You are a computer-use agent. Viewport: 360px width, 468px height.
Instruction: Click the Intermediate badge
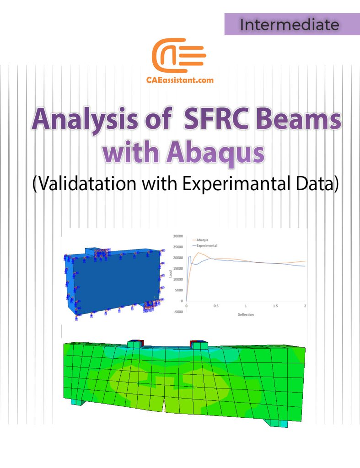pos(289,24)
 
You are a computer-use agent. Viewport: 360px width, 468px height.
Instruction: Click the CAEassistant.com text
pos(179,80)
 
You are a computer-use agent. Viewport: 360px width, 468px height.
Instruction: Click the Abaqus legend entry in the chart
pos(203,239)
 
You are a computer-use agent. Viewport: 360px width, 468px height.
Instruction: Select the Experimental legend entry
pos(206,245)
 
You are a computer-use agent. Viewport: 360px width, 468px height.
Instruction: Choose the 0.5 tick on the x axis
pos(216,306)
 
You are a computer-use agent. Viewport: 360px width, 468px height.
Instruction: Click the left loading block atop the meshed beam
pos(134,344)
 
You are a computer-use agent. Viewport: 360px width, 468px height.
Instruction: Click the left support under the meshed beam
pos(78,402)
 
